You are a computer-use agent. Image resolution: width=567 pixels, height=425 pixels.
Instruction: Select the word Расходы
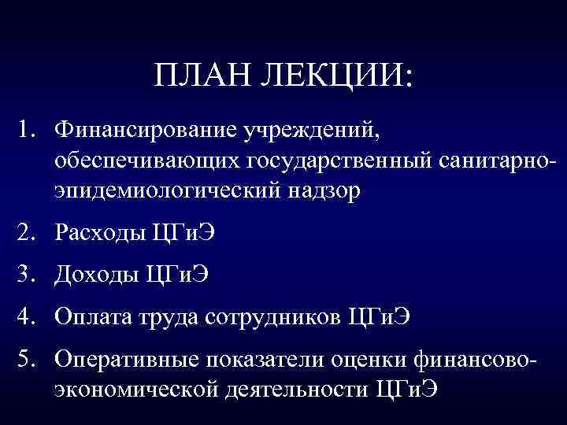(x=98, y=235)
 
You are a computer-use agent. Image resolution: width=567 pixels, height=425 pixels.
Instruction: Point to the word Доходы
(x=96, y=277)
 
